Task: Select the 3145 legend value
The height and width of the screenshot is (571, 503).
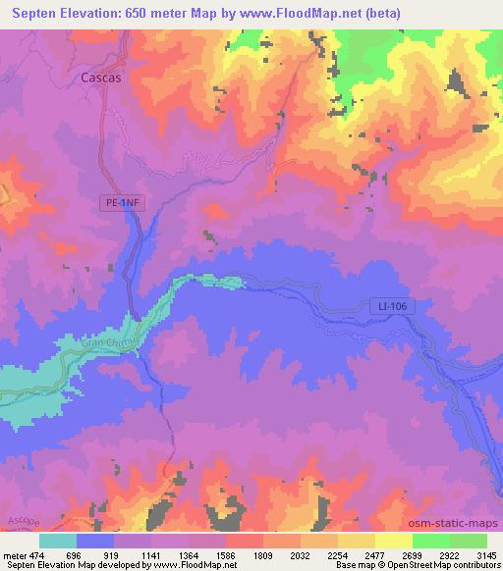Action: tap(486, 555)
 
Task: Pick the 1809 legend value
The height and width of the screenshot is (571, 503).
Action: tap(262, 555)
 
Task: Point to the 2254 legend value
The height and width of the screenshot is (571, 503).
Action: tap(337, 555)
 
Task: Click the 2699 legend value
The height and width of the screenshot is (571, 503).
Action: tap(412, 555)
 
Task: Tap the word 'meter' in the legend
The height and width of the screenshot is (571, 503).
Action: tap(17, 555)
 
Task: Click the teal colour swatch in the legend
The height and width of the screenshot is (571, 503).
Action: tap(58, 541)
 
